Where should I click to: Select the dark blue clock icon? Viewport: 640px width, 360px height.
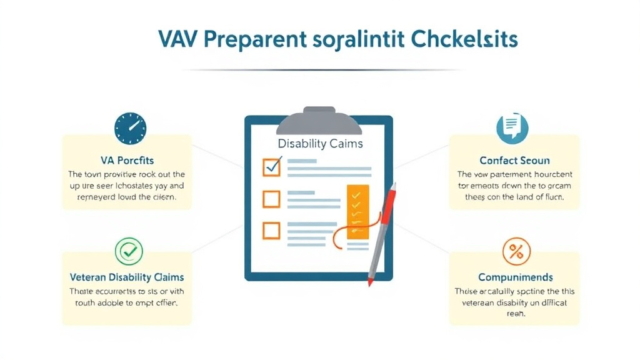[x=130, y=129]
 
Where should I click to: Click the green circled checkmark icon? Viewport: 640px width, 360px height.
[x=129, y=251]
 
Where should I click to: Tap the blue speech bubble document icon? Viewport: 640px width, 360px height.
[x=512, y=128]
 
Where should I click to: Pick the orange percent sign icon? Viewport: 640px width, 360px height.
[x=516, y=252]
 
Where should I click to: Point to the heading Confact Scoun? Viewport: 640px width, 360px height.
[x=514, y=161]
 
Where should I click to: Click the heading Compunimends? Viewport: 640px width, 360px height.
[x=515, y=277]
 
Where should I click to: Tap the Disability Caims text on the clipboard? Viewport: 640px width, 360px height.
[x=320, y=144]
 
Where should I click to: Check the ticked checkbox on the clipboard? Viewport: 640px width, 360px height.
[x=272, y=167]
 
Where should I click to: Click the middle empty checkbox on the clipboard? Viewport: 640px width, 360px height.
[x=272, y=199]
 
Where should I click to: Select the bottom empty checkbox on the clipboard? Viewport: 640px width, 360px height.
[x=272, y=231]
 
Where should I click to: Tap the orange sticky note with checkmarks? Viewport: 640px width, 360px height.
[x=357, y=211]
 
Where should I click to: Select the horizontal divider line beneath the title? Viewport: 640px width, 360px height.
[x=320, y=69]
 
